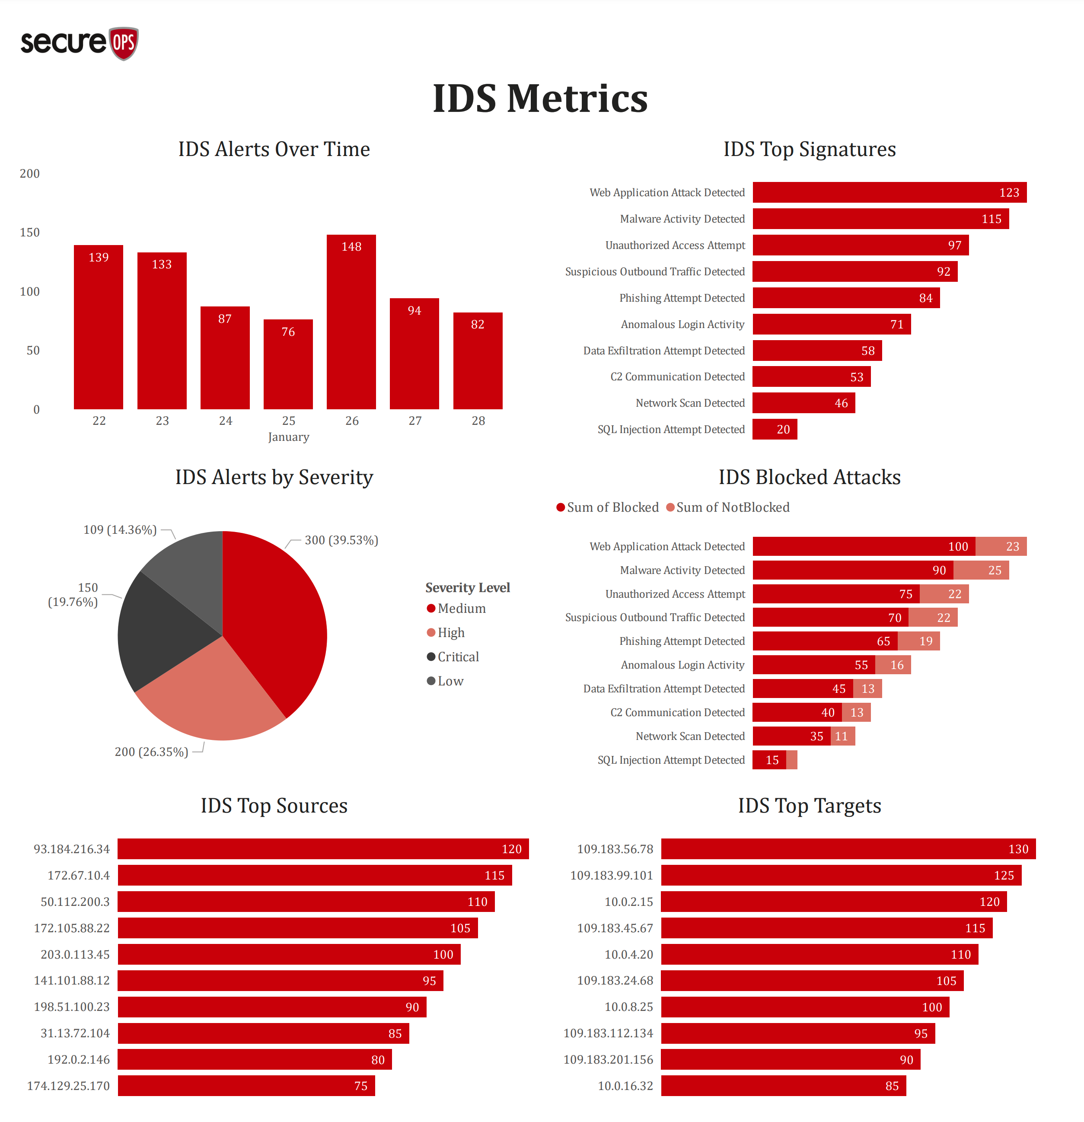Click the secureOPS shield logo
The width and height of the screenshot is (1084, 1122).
click(124, 43)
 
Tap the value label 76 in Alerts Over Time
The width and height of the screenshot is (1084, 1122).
click(288, 332)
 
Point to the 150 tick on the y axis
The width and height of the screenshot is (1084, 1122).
click(30, 233)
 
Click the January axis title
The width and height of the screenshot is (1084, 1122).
click(288, 437)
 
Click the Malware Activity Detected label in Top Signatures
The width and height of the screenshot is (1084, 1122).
click(682, 219)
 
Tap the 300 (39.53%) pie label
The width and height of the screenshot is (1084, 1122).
click(341, 540)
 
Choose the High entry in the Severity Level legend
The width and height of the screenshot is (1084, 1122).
click(450, 633)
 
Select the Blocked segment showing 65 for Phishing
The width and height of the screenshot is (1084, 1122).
click(824, 641)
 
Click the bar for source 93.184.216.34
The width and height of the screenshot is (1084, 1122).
click(323, 849)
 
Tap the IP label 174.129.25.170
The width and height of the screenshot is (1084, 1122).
click(68, 1086)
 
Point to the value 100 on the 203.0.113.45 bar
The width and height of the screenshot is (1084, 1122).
click(443, 954)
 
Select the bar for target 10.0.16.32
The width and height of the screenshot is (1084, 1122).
click(783, 1086)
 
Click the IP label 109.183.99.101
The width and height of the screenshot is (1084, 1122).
click(611, 875)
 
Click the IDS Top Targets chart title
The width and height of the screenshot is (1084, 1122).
click(809, 806)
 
